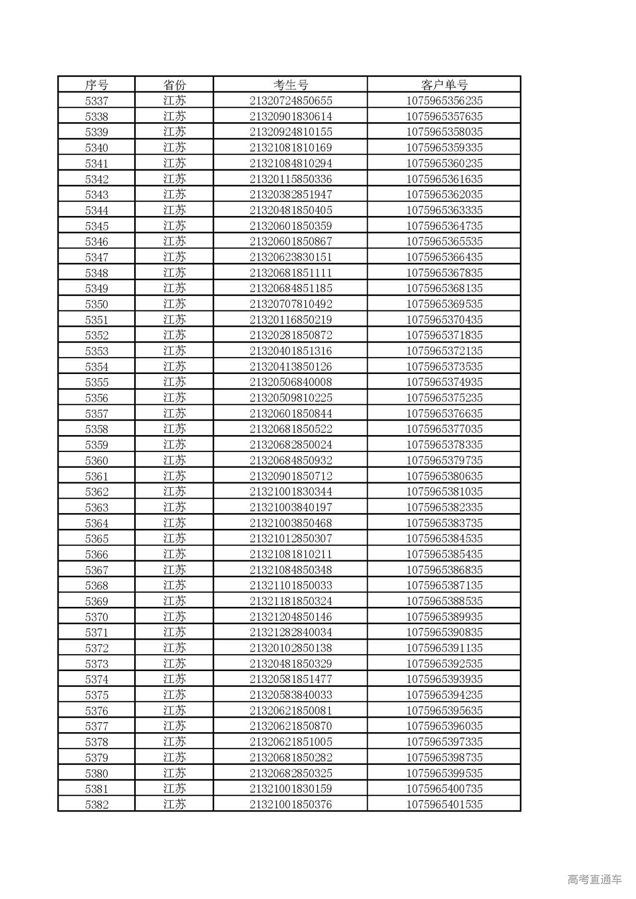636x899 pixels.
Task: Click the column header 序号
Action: click(96, 85)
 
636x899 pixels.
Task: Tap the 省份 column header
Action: click(174, 85)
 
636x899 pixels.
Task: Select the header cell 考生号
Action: click(291, 85)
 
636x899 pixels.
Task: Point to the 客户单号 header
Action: click(444, 85)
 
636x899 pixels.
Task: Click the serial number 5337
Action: click(96, 101)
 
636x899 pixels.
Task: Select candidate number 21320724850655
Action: click(291, 101)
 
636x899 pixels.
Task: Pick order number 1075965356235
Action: click(444, 101)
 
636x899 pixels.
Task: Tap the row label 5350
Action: click(96, 304)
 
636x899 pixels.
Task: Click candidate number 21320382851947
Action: click(291, 195)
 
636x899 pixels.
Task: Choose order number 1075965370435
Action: click(444, 320)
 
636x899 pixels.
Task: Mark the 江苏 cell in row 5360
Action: click(174, 460)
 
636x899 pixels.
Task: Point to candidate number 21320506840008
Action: click(291, 382)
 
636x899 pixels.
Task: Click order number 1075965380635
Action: click(444, 476)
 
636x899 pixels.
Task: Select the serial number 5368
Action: click(96, 586)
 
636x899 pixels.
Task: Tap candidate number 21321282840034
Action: click(291, 632)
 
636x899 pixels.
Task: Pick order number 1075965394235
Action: click(444, 695)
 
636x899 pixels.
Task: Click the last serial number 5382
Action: click(96, 805)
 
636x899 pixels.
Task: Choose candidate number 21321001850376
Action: click(291, 805)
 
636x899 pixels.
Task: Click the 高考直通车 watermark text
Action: click(594, 879)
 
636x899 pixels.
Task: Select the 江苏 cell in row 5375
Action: click(174, 695)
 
